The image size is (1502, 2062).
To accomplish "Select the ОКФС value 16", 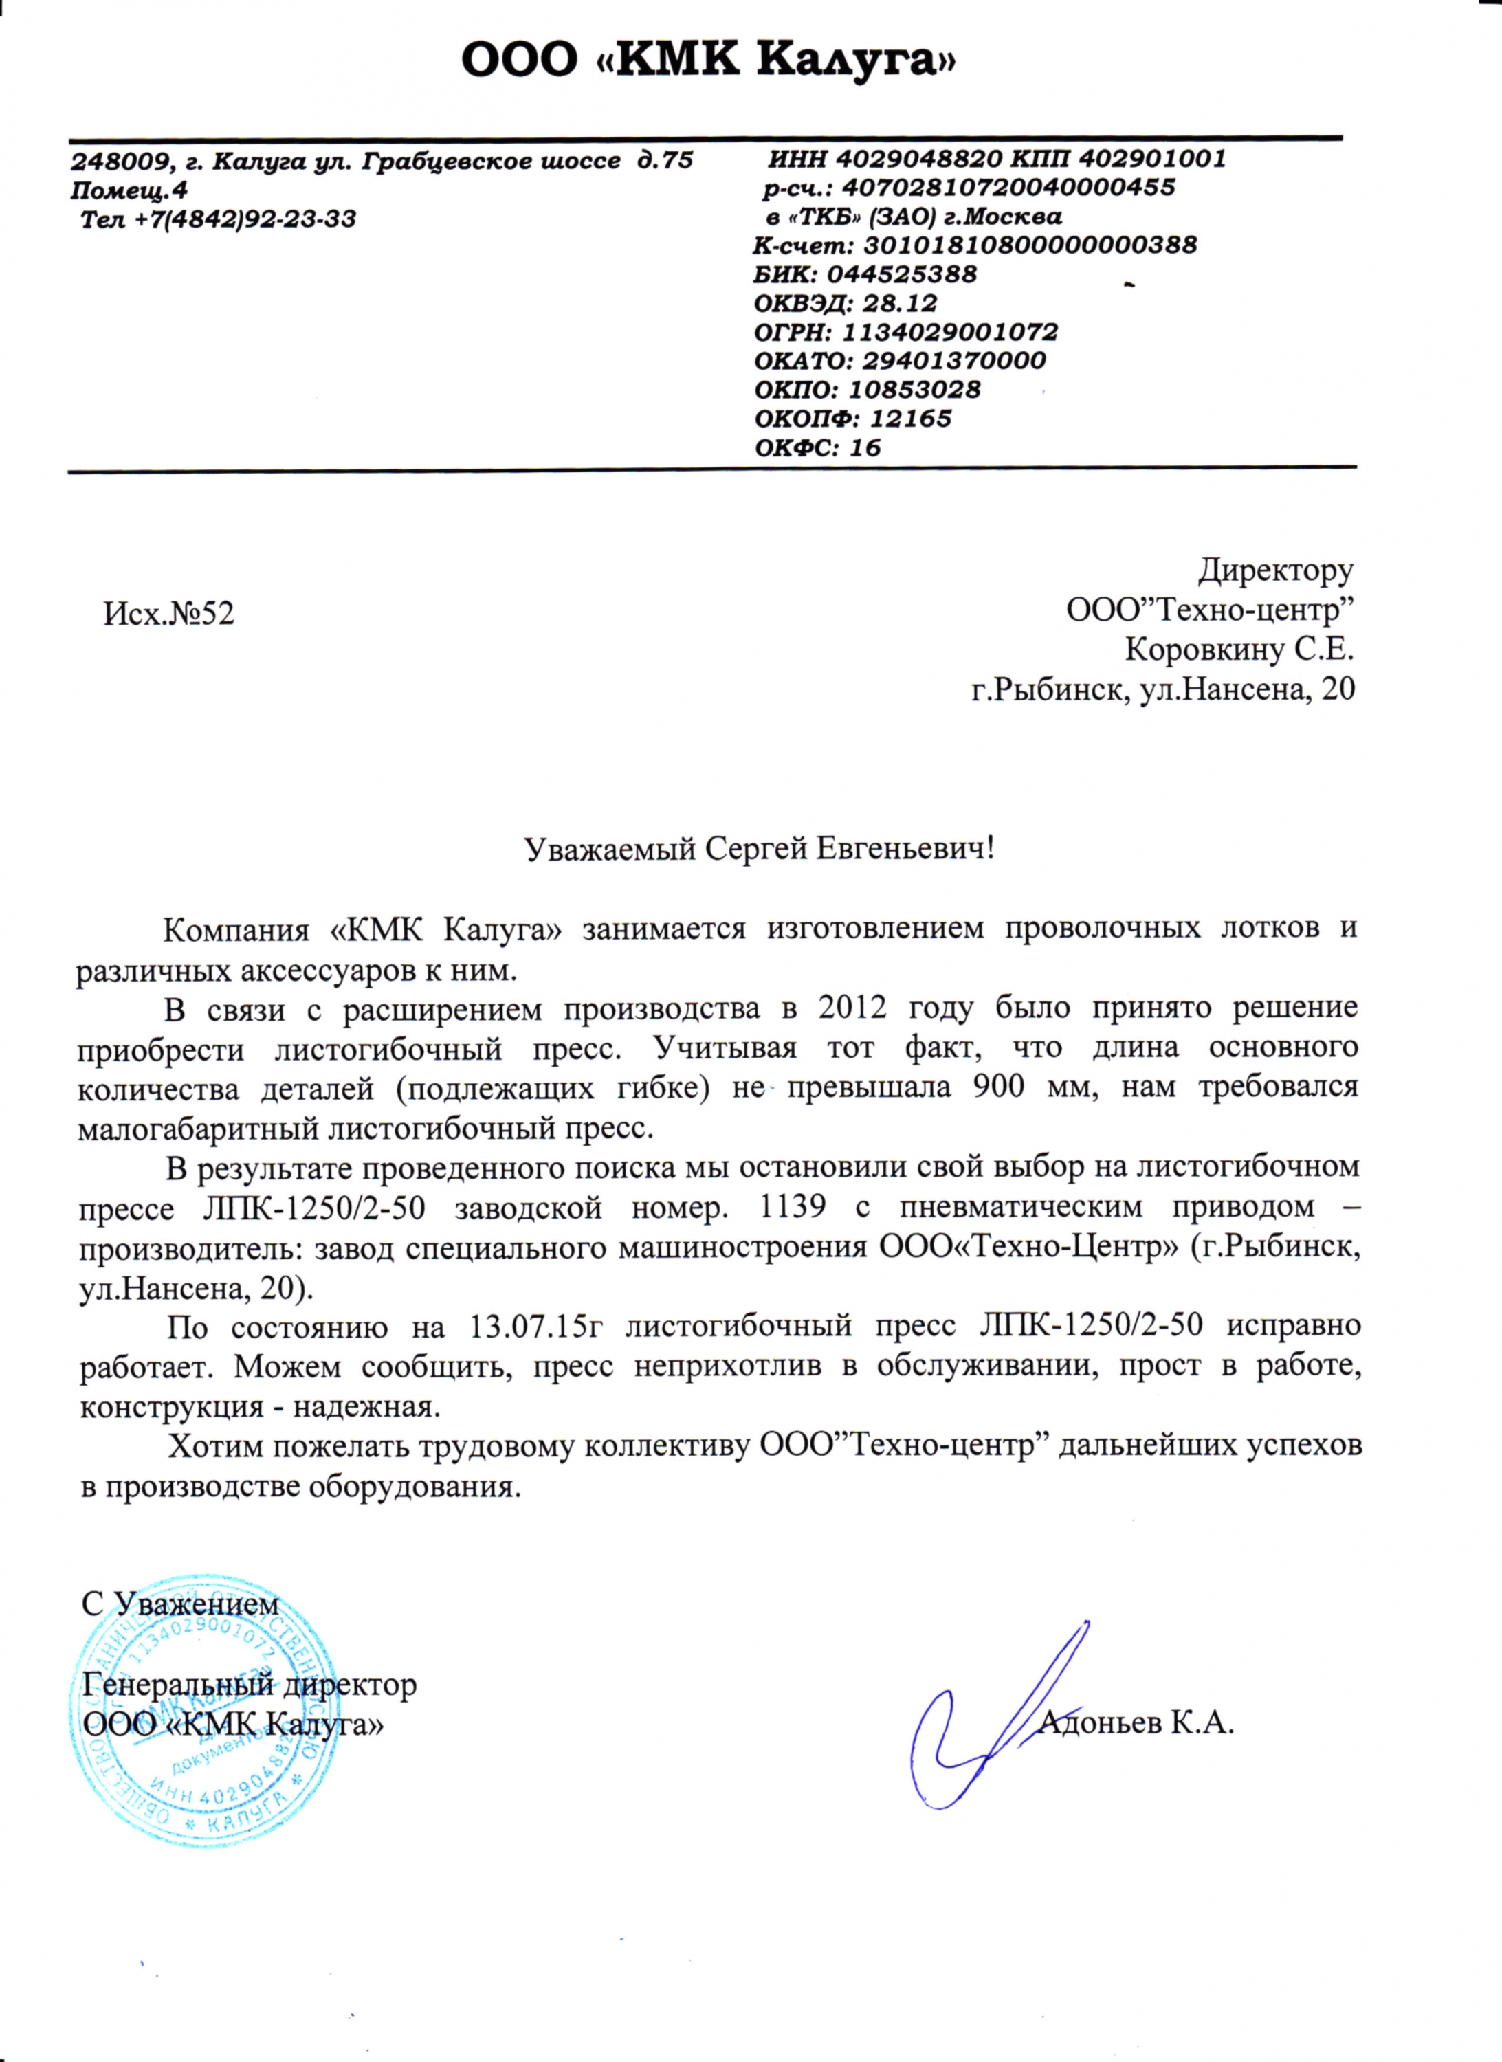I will (865, 447).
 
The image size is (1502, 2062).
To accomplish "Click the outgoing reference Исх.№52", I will (169, 614).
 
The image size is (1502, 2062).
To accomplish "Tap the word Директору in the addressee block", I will (1274, 570).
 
